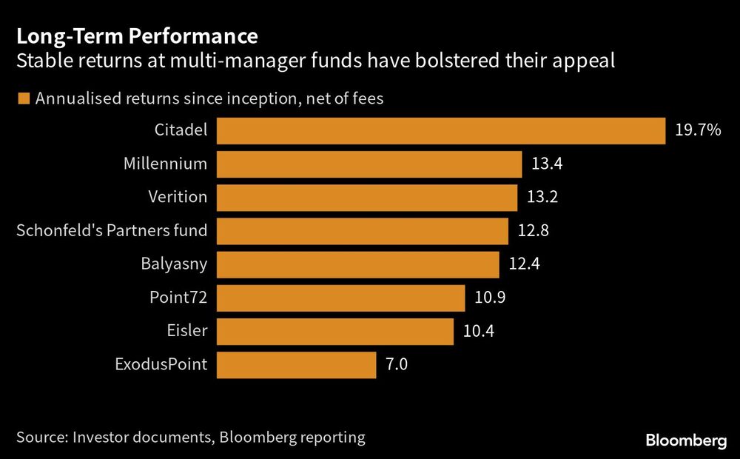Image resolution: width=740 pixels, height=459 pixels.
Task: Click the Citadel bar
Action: [441, 130]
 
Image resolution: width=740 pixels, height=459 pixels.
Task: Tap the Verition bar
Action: [367, 197]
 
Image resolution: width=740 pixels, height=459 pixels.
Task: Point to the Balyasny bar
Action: [358, 264]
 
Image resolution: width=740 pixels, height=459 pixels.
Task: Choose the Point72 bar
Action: [340, 298]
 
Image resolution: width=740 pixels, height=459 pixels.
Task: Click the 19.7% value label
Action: [698, 131]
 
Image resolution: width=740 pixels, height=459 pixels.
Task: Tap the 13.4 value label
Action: [548, 164]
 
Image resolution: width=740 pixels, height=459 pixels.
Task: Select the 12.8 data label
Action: [534, 231]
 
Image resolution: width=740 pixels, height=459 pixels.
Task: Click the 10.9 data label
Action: [490, 298]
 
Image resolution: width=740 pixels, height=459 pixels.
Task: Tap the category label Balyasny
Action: [174, 264]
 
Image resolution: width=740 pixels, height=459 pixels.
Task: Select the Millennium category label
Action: [165, 164]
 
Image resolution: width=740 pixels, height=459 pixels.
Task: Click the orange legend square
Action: [23, 98]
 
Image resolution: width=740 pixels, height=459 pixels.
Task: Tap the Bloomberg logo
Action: [686, 441]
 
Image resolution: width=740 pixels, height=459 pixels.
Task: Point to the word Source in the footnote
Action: [40, 437]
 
